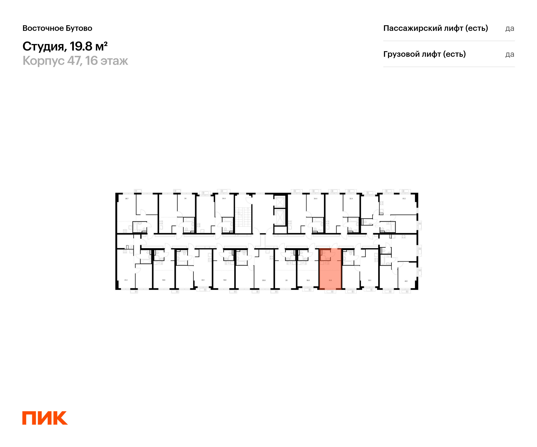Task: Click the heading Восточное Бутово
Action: pos(57,28)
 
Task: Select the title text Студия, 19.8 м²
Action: pos(65,46)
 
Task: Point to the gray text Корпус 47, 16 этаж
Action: pos(75,61)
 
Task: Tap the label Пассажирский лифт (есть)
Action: pos(435,28)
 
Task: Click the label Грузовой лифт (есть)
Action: pos(424,54)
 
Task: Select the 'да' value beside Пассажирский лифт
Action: pos(510,28)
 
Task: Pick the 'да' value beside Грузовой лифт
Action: pos(510,54)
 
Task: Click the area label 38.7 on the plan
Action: pos(127,198)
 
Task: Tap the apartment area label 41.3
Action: pos(126,280)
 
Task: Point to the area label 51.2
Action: pos(404,198)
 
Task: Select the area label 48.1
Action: pos(406,281)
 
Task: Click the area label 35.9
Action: pos(264,280)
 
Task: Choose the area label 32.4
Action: pos(351,198)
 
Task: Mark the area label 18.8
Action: pos(308,280)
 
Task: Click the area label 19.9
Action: pos(164,280)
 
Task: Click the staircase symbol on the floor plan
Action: pos(243,217)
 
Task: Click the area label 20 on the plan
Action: pos(286,280)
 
